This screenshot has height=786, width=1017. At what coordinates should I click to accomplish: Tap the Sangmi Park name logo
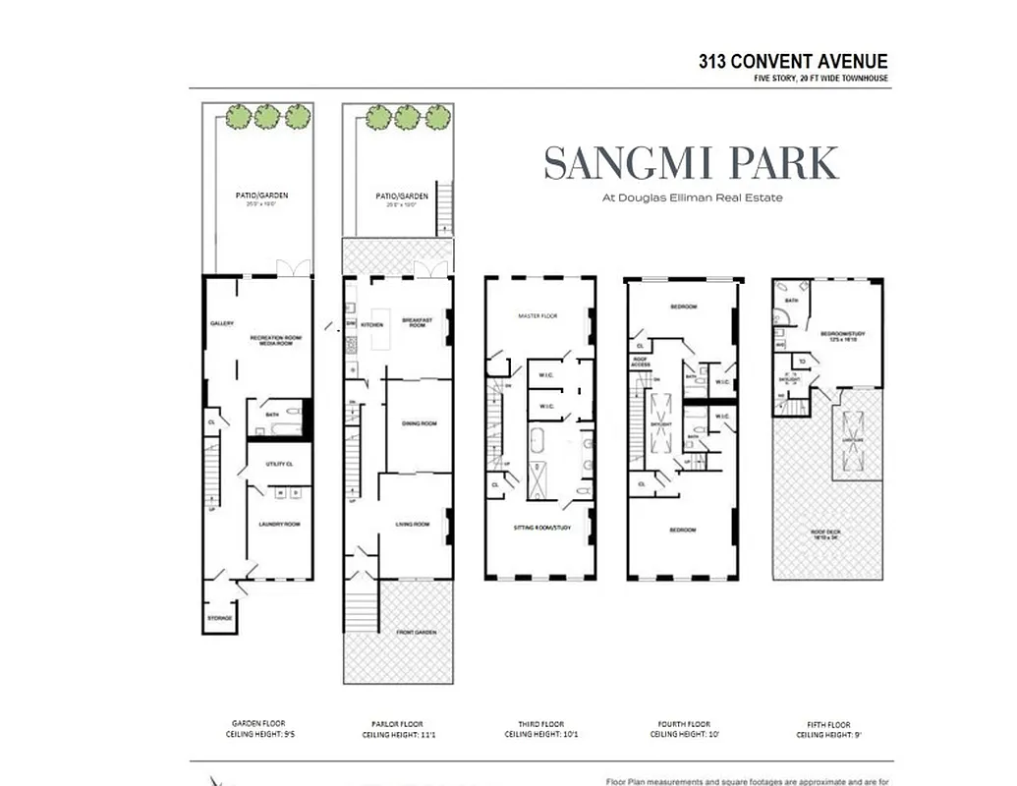[692, 163]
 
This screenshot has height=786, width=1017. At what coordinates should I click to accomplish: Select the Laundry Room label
[279, 524]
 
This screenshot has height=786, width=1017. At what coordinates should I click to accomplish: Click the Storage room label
[219, 618]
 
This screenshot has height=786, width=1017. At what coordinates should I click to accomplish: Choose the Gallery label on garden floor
[221, 323]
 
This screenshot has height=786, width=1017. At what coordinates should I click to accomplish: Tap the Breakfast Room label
[416, 323]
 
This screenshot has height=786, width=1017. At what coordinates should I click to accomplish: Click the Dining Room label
[419, 423]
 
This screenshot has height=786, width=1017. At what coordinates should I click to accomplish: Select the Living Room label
[414, 524]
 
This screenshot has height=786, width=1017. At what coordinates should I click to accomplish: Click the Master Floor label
[537, 315]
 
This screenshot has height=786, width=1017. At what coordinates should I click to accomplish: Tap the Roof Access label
[640, 364]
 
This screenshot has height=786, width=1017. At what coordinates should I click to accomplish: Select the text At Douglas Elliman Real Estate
[692, 196]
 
